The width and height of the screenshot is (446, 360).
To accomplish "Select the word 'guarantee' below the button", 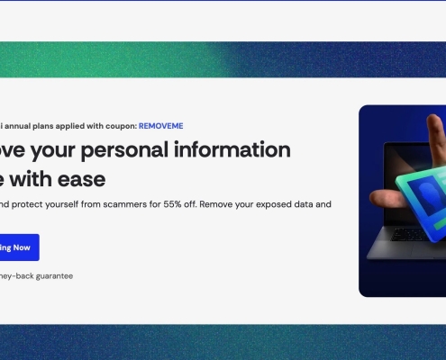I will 53,275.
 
